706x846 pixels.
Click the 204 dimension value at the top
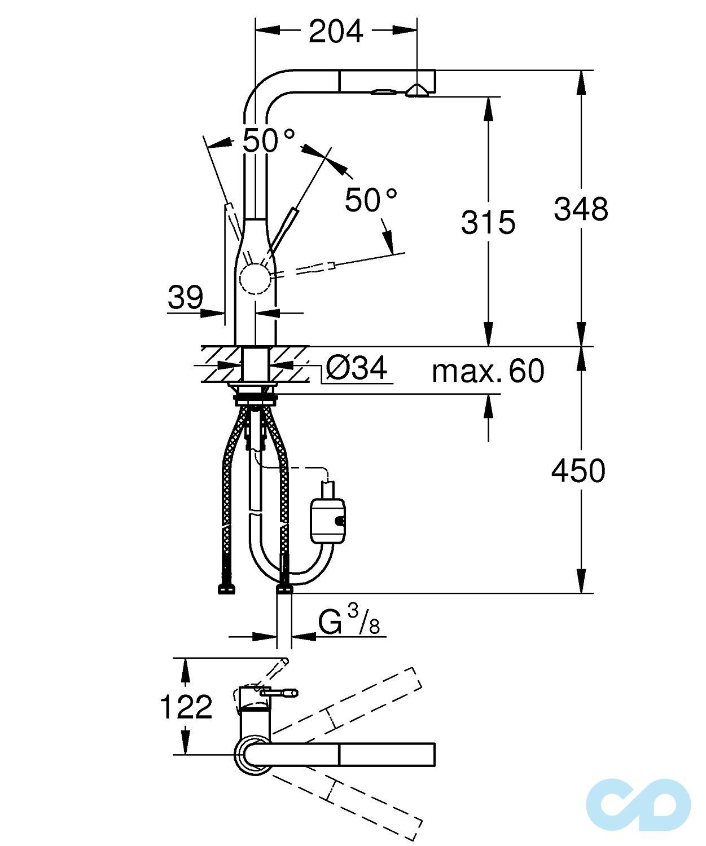336,32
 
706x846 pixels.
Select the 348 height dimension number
581,209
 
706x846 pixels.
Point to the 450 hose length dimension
578,470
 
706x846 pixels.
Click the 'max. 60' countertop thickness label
488,371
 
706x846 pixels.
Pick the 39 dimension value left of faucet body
185,297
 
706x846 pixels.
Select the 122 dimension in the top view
186,707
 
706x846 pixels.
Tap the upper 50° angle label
269,140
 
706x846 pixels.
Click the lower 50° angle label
371,200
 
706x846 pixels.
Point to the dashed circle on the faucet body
255,279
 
